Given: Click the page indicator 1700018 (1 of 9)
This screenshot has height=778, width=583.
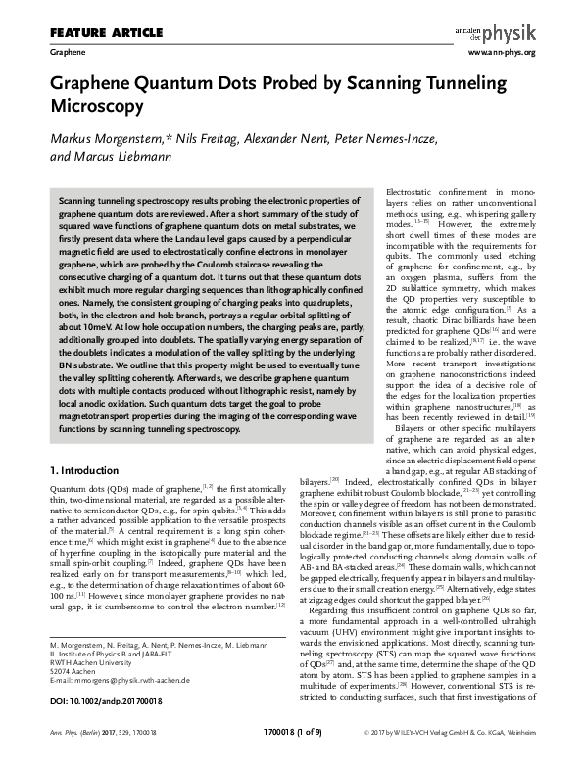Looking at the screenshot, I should pyautogui.click(x=291, y=758).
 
